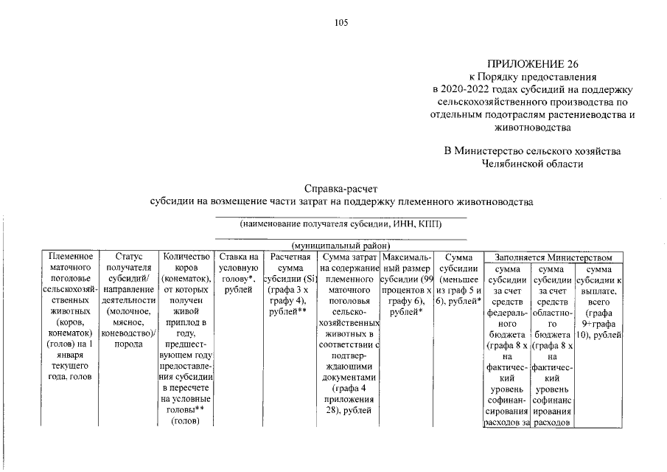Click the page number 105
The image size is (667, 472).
tap(341, 22)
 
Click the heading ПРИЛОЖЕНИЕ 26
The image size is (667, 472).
tap(532, 63)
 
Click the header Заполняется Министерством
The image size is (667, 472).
tap(553, 257)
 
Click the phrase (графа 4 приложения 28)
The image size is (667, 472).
tap(348, 398)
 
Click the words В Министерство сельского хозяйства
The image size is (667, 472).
tap(532, 151)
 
